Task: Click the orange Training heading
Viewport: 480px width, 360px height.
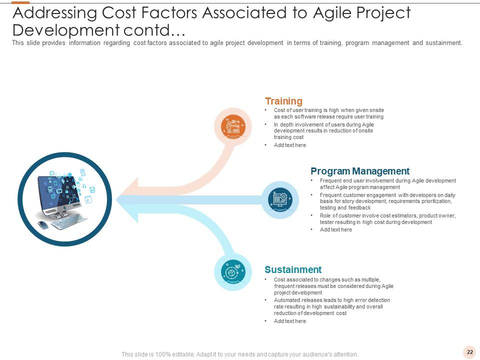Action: click(283, 101)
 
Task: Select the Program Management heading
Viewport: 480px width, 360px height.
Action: click(360, 171)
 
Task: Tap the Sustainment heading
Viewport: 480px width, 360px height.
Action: click(293, 269)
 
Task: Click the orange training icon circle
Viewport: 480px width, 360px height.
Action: click(233, 125)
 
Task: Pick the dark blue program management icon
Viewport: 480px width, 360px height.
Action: click(280, 199)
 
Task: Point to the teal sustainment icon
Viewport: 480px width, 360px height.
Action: click(233, 272)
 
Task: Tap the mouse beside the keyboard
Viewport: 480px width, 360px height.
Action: click(42, 224)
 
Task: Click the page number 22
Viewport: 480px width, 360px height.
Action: click(470, 352)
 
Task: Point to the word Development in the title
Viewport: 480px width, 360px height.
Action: click(66, 30)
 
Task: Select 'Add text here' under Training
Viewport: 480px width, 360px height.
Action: click(290, 145)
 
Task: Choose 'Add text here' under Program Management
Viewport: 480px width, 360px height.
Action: click(336, 229)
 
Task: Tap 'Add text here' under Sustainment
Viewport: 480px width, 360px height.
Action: click(290, 321)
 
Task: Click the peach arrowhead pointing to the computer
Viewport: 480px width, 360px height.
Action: click(128, 189)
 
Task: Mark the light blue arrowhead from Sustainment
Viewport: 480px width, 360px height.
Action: click(128, 211)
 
